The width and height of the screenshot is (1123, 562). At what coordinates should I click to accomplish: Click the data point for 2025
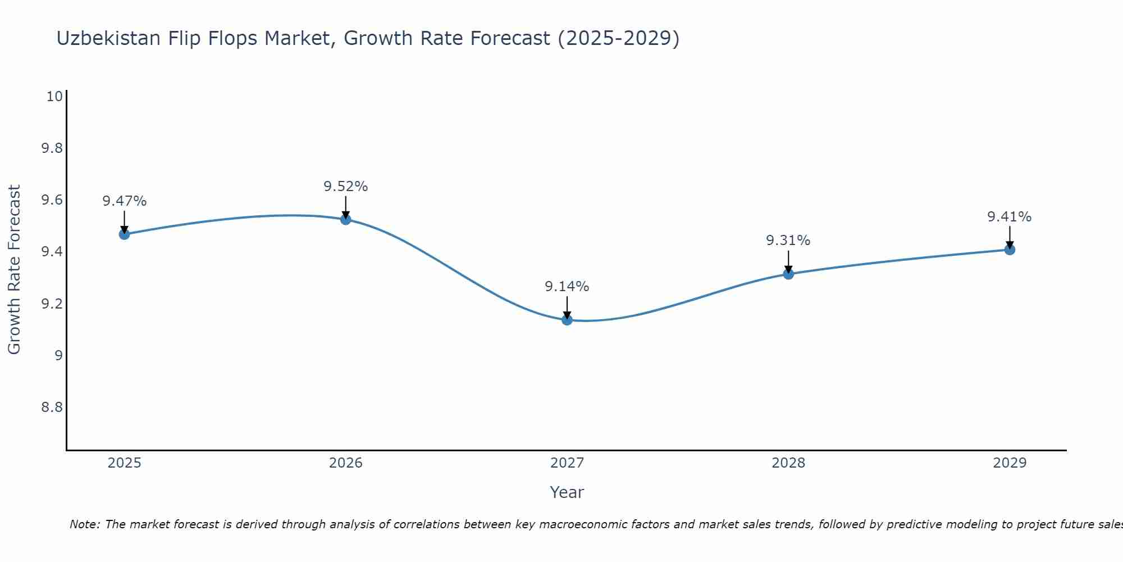click(x=124, y=234)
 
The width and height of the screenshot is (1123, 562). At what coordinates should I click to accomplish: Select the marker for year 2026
click(x=345, y=219)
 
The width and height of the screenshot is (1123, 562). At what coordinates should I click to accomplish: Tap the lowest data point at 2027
click(x=567, y=320)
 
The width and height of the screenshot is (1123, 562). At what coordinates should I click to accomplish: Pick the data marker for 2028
click(x=788, y=274)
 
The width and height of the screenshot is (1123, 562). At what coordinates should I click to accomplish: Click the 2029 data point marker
click(x=1009, y=250)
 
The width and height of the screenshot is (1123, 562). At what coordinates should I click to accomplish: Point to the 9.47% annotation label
click(x=124, y=201)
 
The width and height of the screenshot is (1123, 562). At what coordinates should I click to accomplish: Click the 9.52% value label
click(x=345, y=187)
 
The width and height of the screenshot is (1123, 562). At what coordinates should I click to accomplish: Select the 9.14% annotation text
click(x=567, y=287)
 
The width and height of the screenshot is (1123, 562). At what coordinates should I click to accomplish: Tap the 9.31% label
click(x=788, y=241)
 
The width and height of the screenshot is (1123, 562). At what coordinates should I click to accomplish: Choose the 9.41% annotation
click(x=1009, y=217)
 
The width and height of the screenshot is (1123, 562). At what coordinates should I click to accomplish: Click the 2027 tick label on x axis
click(x=567, y=463)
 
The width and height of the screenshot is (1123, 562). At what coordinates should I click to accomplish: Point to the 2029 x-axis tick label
click(x=1009, y=463)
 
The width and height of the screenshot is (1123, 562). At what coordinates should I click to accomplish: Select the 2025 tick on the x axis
click(x=124, y=463)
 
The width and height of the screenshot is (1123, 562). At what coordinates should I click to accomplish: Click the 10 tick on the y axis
click(x=54, y=97)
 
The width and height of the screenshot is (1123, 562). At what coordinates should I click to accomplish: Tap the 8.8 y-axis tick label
click(x=51, y=407)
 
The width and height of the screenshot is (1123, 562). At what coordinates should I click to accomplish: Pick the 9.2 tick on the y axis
click(x=51, y=304)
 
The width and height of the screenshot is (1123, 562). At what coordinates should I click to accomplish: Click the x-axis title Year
click(x=567, y=492)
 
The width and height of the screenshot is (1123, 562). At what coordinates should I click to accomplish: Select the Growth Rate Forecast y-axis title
click(x=14, y=269)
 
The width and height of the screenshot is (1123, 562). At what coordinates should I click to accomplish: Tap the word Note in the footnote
click(x=84, y=524)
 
